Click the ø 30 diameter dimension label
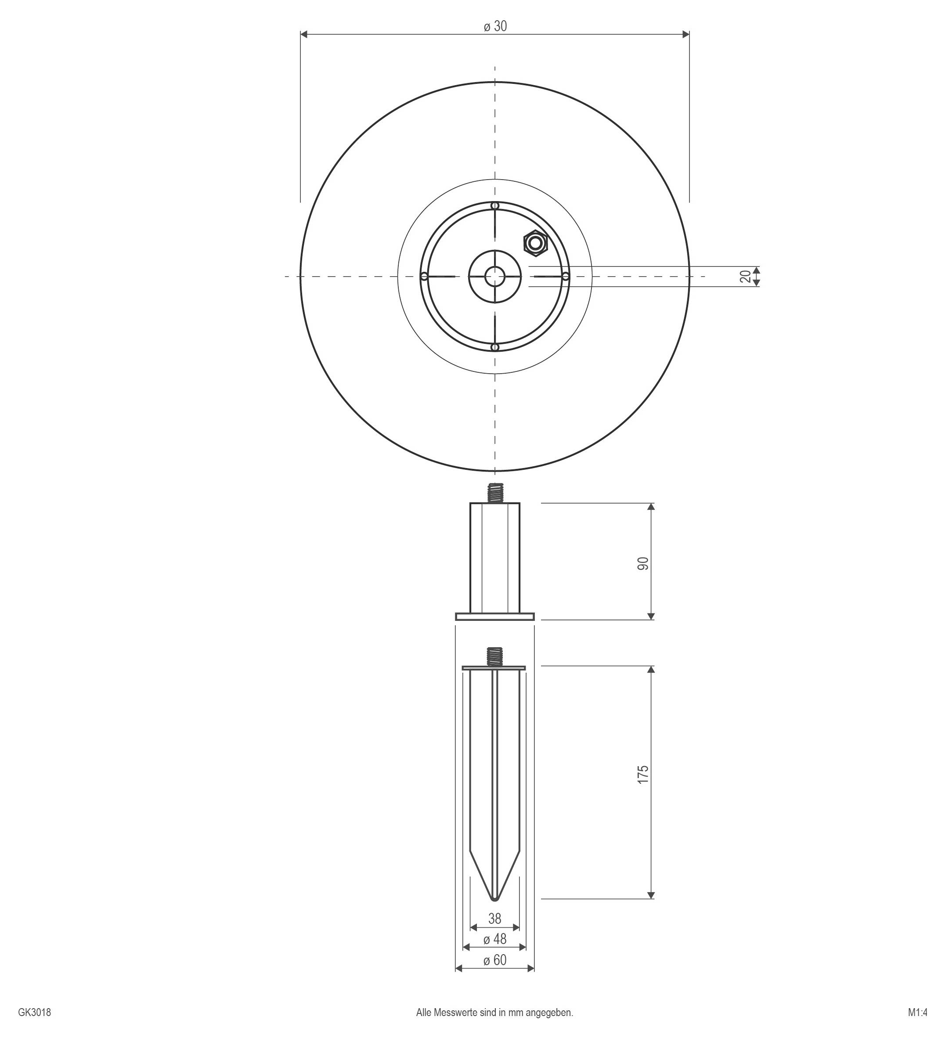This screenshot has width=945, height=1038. pos(495,26)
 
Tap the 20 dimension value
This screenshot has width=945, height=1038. pos(745,277)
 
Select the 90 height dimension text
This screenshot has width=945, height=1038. pos(643,563)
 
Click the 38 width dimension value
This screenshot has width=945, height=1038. pos(494,918)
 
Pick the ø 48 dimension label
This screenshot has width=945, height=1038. pos(495,939)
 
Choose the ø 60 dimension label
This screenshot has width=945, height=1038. pos(495,960)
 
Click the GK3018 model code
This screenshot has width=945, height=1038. pos(35,1012)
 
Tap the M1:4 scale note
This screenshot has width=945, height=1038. pos(917,1012)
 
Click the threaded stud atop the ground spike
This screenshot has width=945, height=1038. pos(494,656)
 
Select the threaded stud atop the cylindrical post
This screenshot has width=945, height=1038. pos(494,493)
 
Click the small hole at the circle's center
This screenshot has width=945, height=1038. pos(494,277)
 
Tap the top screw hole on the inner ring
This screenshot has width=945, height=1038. pos(494,206)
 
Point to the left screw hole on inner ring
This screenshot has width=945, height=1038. pos(424,277)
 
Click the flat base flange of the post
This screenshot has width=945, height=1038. pos(494,616)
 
